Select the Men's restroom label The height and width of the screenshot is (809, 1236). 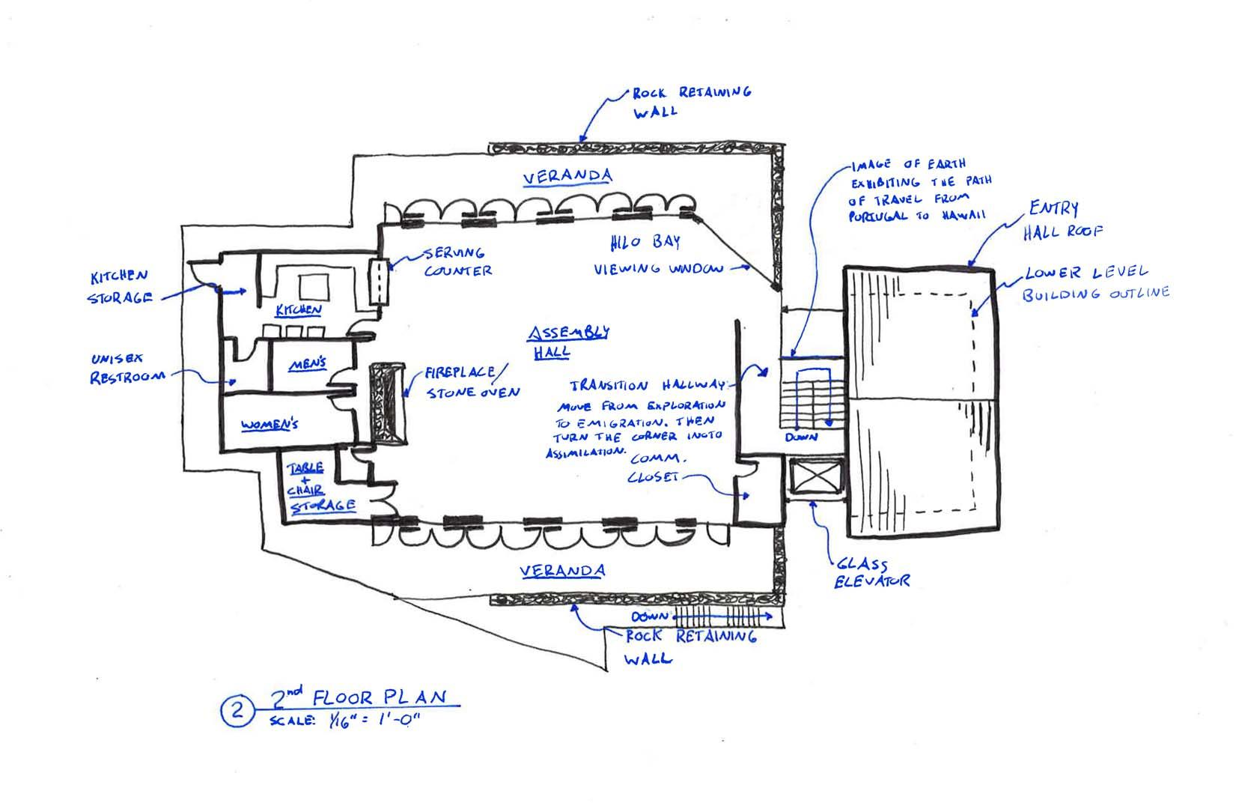click(307, 364)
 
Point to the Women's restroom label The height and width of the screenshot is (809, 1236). click(270, 425)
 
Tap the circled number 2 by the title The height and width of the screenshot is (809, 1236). click(237, 710)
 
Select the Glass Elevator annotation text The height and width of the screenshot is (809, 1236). click(872, 572)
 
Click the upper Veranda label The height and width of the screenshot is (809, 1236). click(567, 176)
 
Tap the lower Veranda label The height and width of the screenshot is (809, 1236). click(563, 571)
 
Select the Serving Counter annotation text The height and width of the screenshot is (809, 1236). click(458, 261)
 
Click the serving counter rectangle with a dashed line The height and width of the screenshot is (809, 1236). click(379, 281)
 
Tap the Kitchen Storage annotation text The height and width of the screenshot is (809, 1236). click(120, 287)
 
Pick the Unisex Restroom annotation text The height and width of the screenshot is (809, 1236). click(127, 368)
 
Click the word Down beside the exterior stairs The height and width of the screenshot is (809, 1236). click(650, 616)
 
